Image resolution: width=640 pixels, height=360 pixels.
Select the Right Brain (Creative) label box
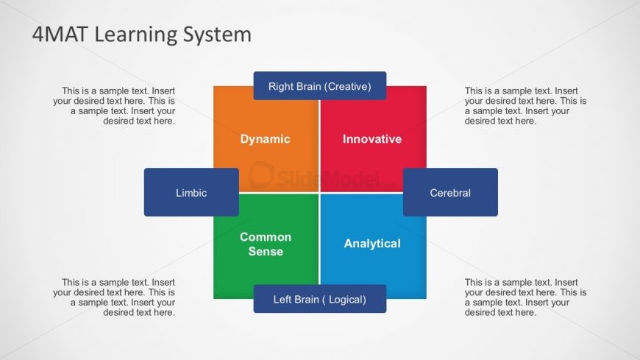pos(319,86)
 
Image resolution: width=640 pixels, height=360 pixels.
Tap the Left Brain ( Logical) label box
pos(319,299)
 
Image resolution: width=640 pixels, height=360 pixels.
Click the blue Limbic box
pos(191,192)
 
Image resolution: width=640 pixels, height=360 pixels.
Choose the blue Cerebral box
pos(449,192)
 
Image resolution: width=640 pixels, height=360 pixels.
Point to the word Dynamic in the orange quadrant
pos(265,139)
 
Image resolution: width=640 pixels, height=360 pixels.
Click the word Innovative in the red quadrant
pos(372,139)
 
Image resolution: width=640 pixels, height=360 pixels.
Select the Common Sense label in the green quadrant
pos(266,244)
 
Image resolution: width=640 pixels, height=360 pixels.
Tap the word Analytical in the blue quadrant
pos(372,243)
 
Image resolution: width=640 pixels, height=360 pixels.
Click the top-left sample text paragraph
pos(115,106)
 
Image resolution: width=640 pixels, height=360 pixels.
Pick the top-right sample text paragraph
pos(525,106)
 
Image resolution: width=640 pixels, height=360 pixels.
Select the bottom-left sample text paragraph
pos(115,297)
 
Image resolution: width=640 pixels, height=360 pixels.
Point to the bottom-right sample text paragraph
pos(525,297)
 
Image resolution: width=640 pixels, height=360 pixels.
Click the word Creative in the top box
pos(345,87)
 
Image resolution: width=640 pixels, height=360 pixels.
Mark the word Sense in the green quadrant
pos(266,251)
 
